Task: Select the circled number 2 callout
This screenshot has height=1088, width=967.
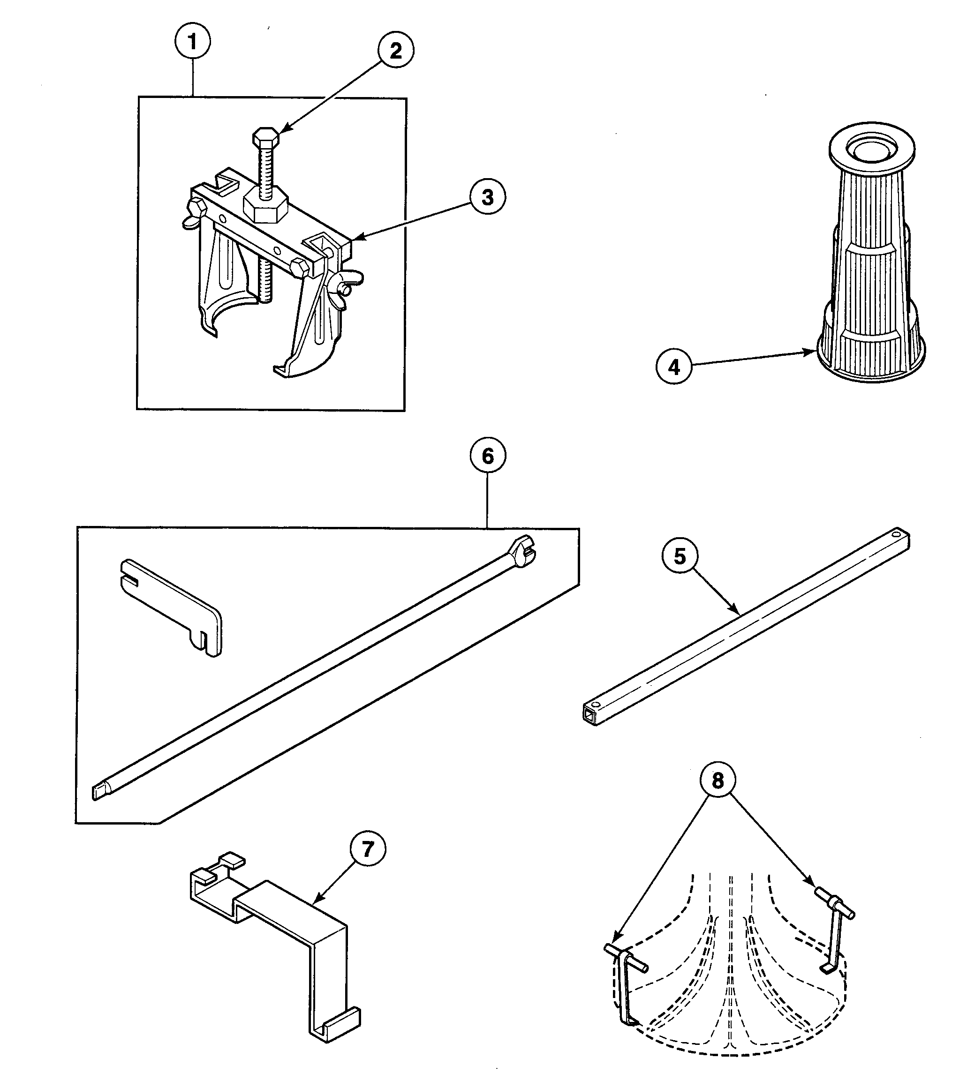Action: pos(396,51)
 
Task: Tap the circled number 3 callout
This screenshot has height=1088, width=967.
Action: pos(487,197)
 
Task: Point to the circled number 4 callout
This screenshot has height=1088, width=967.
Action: pos(673,368)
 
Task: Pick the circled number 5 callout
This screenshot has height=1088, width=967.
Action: pos(680,556)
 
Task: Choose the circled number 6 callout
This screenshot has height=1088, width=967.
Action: pos(488,456)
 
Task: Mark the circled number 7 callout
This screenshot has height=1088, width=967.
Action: pos(367,849)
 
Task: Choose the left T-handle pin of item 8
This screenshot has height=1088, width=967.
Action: pos(625,958)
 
